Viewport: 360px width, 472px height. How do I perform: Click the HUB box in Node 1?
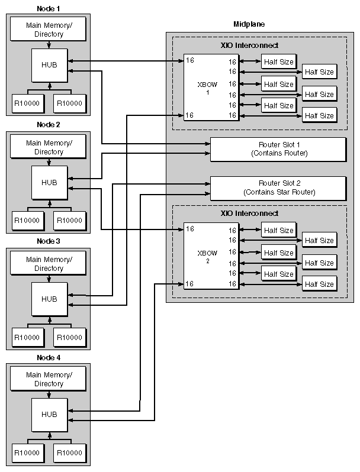50,65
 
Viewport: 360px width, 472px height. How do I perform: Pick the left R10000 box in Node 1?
27,104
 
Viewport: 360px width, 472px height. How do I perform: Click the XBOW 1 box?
211,88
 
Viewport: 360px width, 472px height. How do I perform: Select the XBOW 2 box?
211,256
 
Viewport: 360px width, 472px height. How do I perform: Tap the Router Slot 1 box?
278,148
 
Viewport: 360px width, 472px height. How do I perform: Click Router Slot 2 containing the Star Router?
278,187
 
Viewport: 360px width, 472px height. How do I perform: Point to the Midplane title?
249,24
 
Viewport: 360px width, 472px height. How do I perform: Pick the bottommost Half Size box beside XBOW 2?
319,285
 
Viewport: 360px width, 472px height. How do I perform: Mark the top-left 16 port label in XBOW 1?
189,60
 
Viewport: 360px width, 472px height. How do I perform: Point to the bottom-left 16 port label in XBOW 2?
189,284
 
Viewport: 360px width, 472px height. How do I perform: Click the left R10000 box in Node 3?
27,337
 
